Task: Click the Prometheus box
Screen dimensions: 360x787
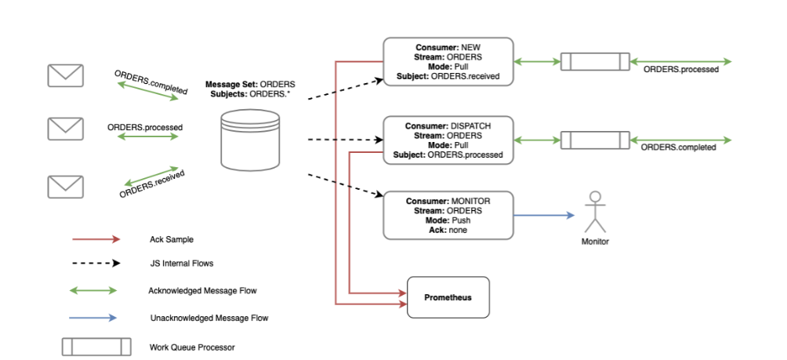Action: click(x=448, y=297)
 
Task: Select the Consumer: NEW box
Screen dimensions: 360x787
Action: click(x=448, y=60)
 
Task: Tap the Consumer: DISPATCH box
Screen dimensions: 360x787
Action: click(x=448, y=140)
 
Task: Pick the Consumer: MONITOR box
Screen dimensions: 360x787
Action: click(x=448, y=216)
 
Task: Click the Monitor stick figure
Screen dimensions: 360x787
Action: click(x=595, y=210)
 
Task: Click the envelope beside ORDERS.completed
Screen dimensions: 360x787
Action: click(x=66, y=75)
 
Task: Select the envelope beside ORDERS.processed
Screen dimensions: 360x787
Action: click(x=66, y=129)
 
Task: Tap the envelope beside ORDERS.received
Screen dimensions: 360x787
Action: click(x=66, y=187)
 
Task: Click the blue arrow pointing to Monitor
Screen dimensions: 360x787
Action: click(x=544, y=216)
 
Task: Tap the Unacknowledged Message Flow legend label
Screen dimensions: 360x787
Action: click(x=209, y=318)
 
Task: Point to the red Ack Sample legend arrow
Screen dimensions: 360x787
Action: click(x=95, y=239)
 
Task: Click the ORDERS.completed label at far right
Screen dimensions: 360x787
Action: click(x=678, y=147)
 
